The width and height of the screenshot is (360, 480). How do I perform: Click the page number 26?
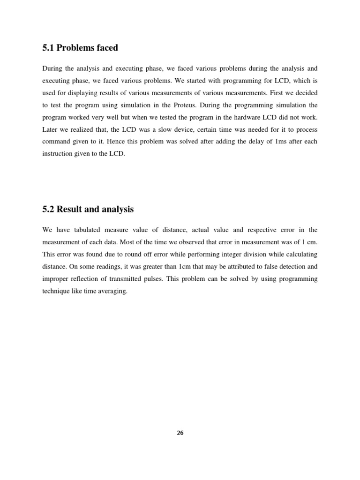click(180, 433)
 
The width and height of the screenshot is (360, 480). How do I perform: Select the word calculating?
click(300, 254)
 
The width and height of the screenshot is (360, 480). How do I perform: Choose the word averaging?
click(112, 291)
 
